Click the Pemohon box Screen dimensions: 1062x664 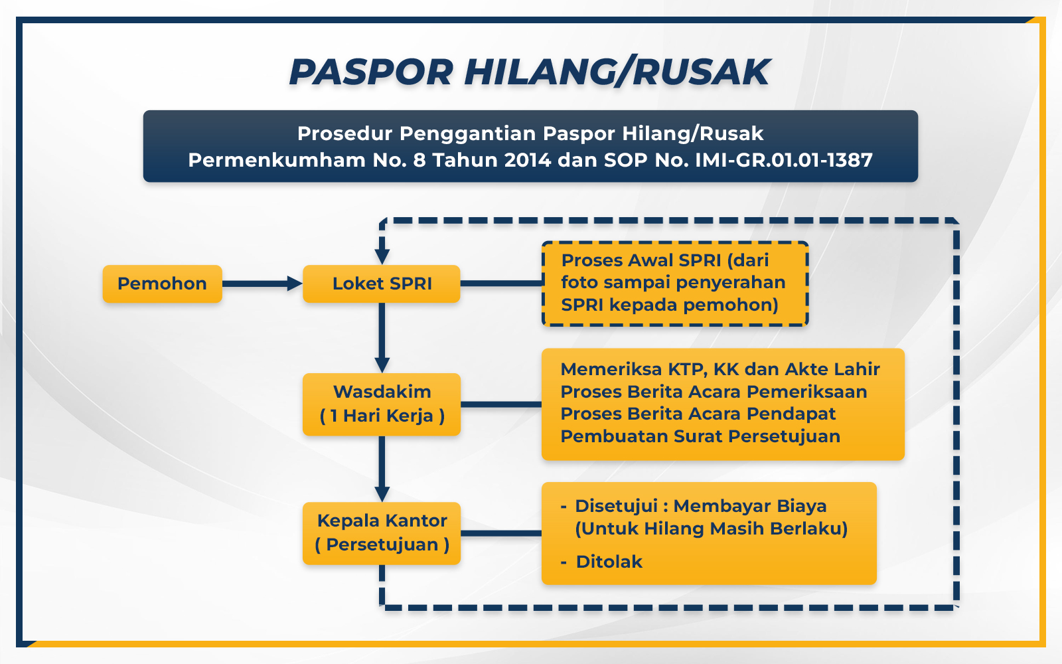(162, 284)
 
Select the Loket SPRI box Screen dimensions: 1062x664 (382, 284)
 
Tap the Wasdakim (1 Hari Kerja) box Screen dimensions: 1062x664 (382, 404)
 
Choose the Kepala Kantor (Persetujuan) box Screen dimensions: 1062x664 (382, 533)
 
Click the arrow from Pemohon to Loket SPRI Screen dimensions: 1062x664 (262, 284)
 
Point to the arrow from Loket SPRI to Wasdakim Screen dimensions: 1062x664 (382, 338)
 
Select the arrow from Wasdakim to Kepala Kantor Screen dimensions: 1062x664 (382, 469)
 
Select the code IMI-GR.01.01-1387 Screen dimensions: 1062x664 (784, 160)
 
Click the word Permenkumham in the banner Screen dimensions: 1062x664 (277, 160)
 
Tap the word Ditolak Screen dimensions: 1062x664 (609, 562)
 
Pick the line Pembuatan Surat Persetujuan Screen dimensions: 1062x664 (700, 436)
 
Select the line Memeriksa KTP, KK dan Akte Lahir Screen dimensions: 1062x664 (720, 369)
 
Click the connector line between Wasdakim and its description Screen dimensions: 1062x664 (501, 404)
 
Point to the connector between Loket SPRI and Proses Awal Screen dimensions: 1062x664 (502, 283)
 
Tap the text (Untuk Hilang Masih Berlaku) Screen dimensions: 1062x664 (712, 529)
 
